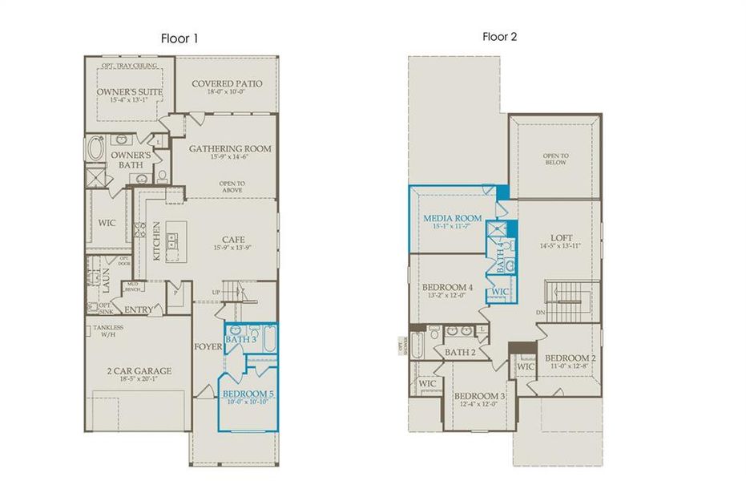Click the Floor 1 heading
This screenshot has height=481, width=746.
point(179,38)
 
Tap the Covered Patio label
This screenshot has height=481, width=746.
point(227,83)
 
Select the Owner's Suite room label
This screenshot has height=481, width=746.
point(130,92)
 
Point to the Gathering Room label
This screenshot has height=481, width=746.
point(230,148)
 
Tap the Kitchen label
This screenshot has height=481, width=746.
point(157,238)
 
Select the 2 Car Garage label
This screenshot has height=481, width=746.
point(139,371)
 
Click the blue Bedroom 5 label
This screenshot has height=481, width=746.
point(248,394)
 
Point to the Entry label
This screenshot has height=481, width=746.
point(139,309)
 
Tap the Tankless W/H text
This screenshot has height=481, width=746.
point(108,331)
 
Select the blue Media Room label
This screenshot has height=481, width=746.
point(453,218)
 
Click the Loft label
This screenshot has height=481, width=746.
point(562,237)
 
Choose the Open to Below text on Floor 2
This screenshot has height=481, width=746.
point(554,159)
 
